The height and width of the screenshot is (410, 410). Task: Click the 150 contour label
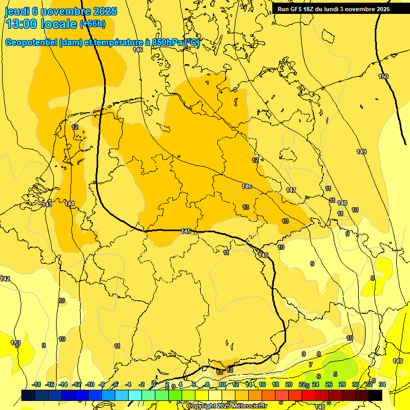[x=383, y=77]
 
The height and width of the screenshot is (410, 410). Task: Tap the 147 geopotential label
[x=291, y=190]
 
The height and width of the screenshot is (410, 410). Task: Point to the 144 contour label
[x=70, y=203]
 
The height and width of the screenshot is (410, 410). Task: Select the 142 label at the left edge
[x=5, y=279]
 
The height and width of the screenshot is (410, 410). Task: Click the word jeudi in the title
[x=17, y=11]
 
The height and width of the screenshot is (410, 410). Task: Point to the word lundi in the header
[x=336, y=9]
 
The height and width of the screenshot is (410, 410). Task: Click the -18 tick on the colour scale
[x=36, y=384]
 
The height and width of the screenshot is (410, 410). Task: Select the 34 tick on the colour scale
[x=382, y=384]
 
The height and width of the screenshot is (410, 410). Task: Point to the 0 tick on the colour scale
[x=154, y=384]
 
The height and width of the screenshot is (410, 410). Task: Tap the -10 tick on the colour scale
[x=89, y=384]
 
